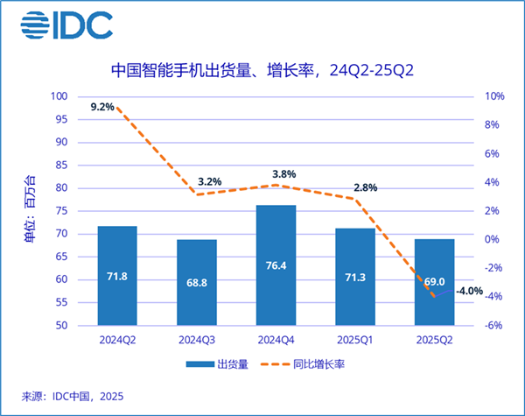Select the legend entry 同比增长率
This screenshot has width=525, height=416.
pos(314,363)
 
